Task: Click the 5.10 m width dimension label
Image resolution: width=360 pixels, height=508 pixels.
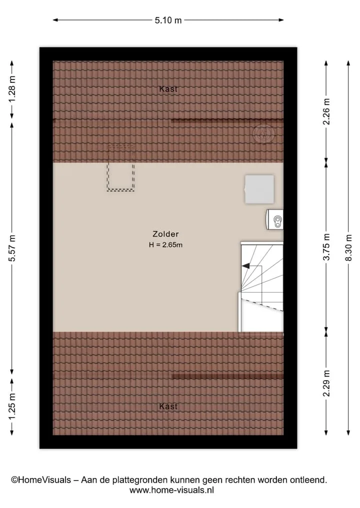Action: pyautogui.click(x=168, y=20)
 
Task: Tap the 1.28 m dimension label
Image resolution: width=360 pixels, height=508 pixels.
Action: pyautogui.click(x=12, y=89)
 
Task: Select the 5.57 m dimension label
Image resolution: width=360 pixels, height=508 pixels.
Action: pyautogui.click(x=12, y=248)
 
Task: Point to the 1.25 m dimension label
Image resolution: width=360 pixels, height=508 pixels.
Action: pyautogui.click(x=12, y=406)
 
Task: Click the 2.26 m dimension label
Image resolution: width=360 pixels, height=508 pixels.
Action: pyautogui.click(x=326, y=111)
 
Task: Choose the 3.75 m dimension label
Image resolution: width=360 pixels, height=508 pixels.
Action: pyautogui.click(x=326, y=247)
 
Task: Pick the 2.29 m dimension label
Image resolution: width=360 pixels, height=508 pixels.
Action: pyautogui.click(x=326, y=383)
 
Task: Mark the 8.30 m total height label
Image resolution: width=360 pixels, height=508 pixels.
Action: pyautogui.click(x=348, y=248)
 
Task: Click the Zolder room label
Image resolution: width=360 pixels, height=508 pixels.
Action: pyautogui.click(x=165, y=234)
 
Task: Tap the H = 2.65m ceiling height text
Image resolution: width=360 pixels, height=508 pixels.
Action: pyautogui.click(x=165, y=245)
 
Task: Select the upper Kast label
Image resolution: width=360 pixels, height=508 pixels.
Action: pyautogui.click(x=168, y=89)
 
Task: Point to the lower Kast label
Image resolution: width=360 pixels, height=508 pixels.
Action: pyautogui.click(x=168, y=406)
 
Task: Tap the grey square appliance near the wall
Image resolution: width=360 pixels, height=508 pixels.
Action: pyautogui.click(x=259, y=189)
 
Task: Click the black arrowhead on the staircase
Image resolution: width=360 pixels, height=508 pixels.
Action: pyautogui.click(x=245, y=266)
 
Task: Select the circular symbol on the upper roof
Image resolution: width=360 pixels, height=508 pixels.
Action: pyautogui.click(x=263, y=133)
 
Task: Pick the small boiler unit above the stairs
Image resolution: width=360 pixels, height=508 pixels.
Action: pyautogui.click(x=275, y=220)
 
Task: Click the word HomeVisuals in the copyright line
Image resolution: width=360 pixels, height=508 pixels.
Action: pyautogui.click(x=44, y=480)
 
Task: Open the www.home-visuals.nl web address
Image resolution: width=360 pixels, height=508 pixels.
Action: pyautogui.click(x=171, y=490)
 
